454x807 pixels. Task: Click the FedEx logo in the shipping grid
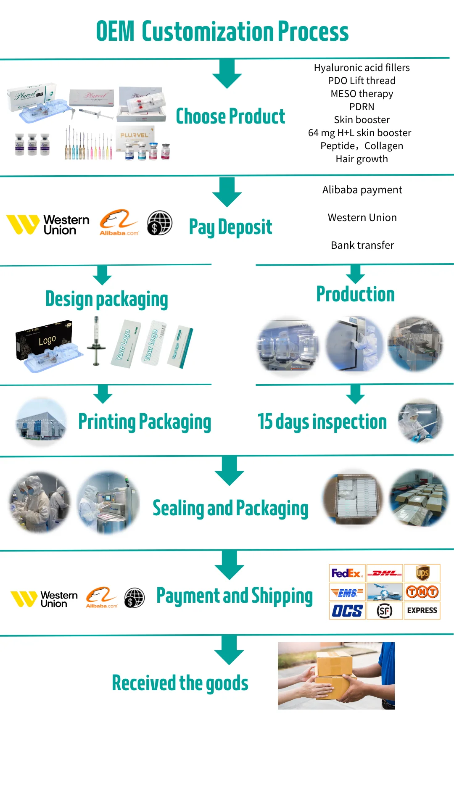point(347,573)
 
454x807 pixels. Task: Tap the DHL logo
point(385,573)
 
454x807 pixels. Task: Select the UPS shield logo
point(422,573)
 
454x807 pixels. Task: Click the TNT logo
point(422,592)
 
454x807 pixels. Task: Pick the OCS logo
point(347,611)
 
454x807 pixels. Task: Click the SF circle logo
point(384,611)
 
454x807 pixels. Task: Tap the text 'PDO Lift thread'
point(362,81)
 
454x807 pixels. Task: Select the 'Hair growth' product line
point(362,159)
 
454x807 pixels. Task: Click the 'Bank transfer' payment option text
point(362,245)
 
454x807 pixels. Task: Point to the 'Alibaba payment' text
point(362,190)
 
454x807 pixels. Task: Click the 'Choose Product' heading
point(230,116)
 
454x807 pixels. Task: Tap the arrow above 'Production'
point(355,274)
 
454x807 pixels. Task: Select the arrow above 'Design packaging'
point(102,275)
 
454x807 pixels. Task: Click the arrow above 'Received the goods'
point(229,650)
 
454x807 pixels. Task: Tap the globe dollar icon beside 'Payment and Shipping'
point(135,598)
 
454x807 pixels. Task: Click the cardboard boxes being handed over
point(334,675)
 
